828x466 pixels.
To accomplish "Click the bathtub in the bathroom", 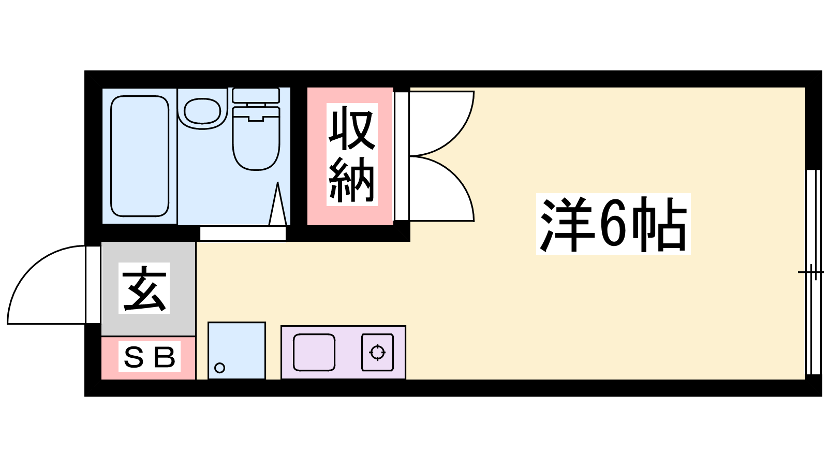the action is pyautogui.click(x=140, y=156).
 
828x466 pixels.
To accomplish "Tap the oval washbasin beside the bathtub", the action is pyautogui.click(x=202, y=111).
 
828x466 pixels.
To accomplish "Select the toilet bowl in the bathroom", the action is pyautogui.click(x=256, y=138).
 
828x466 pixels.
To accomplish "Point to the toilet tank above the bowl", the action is pyautogui.click(x=256, y=95).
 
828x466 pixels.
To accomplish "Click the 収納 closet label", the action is pyautogui.click(x=352, y=154).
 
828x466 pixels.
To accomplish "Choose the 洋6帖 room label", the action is pyautogui.click(x=613, y=224).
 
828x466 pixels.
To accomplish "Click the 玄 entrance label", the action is pyautogui.click(x=144, y=288).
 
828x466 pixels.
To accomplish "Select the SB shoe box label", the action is pyautogui.click(x=150, y=357).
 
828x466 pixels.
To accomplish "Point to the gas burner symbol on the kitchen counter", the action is pyautogui.click(x=377, y=353).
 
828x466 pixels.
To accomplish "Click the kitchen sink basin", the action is pyautogui.click(x=314, y=353).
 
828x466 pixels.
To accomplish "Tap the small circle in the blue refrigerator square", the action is pyautogui.click(x=220, y=368).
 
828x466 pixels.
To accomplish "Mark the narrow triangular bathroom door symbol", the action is pyautogui.click(x=277, y=204).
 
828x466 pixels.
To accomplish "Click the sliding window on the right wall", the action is pyautogui.click(x=813, y=272).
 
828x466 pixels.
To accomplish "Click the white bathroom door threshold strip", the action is pyautogui.click(x=243, y=234).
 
